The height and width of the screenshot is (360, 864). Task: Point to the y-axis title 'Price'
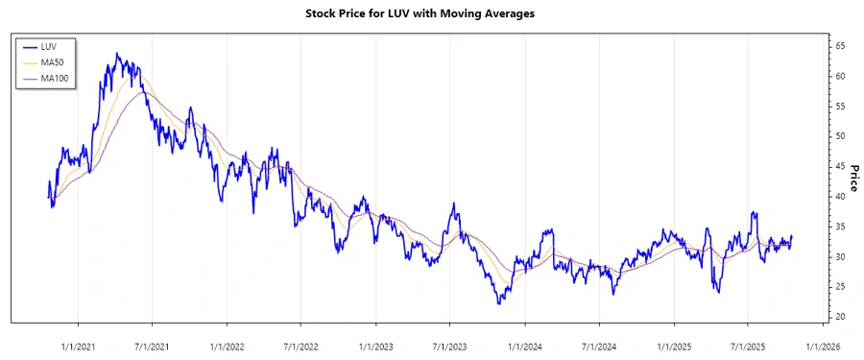coord(852,178)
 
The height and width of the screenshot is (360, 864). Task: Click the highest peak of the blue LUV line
coord(116,54)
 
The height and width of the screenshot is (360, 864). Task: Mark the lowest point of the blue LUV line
coord(499,304)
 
